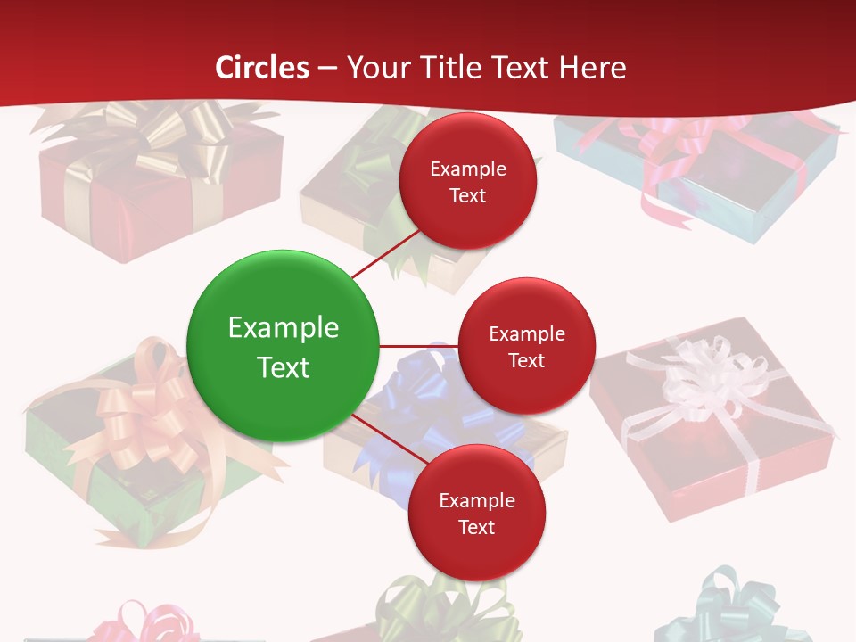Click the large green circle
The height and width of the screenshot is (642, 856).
pos(283,346)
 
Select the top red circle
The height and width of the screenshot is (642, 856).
pos(467,181)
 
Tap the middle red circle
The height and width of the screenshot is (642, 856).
pos(526,346)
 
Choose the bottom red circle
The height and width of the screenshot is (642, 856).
pos(476,513)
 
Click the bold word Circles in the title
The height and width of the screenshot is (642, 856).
pos(262,68)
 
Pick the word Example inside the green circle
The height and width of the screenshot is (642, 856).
pos(283,327)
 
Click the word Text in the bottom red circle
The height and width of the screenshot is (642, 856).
pos(476,527)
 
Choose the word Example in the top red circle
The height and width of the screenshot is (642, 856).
pos(467,169)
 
